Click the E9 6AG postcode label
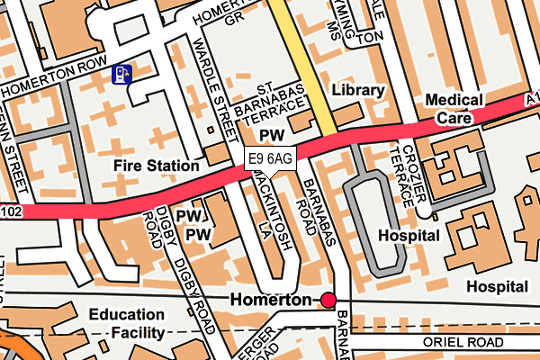[x=270, y=159]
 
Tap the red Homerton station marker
[x=328, y=299]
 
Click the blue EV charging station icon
[x=120, y=74]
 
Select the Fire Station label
[x=156, y=166]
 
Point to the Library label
[x=357, y=91]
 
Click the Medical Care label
[x=454, y=109]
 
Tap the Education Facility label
[x=126, y=324]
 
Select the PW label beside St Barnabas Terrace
[x=271, y=134]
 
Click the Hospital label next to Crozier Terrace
[x=410, y=236]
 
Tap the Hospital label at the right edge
[x=496, y=286]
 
